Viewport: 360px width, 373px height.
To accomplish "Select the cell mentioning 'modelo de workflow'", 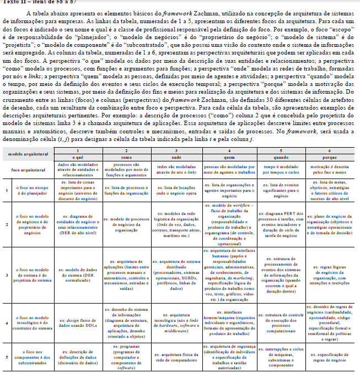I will tap(227, 224).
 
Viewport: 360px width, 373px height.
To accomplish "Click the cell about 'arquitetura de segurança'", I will tap(227, 350).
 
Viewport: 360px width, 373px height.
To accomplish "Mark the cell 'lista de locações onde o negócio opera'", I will tap(175, 190).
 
